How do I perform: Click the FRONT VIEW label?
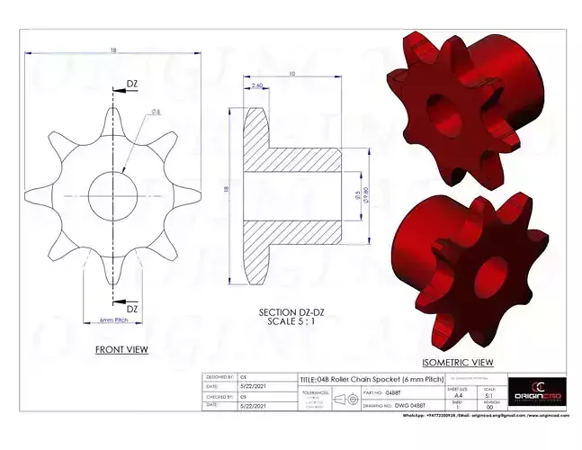[121, 349]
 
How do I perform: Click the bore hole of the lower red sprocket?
[492, 270]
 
